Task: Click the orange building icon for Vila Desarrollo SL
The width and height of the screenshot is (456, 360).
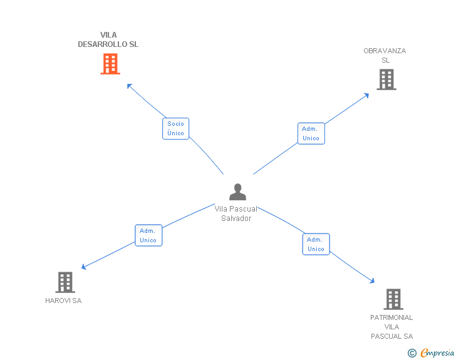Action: click(110, 64)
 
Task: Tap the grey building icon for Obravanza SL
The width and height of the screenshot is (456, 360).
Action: click(386, 80)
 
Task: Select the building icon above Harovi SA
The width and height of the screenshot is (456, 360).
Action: click(65, 282)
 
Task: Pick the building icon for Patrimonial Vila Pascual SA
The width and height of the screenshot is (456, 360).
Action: click(393, 299)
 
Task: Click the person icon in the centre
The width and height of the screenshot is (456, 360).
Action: click(237, 192)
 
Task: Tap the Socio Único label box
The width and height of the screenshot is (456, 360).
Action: click(176, 128)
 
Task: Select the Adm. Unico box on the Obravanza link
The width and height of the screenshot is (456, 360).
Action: click(311, 133)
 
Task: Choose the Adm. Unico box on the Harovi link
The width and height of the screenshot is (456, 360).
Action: click(148, 235)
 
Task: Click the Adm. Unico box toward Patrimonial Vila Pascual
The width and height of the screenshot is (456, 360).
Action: click(316, 244)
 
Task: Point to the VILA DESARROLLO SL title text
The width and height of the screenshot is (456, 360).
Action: click(108, 40)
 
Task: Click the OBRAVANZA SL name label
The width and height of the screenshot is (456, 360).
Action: click(385, 56)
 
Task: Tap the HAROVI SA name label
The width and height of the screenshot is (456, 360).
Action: click(63, 301)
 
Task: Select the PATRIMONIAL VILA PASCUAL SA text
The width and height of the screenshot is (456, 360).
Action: click(391, 327)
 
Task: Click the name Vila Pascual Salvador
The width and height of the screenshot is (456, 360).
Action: click(236, 213)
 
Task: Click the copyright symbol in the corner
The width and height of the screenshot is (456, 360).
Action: click(412, 353)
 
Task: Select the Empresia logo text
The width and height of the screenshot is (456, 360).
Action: click(437, 353)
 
